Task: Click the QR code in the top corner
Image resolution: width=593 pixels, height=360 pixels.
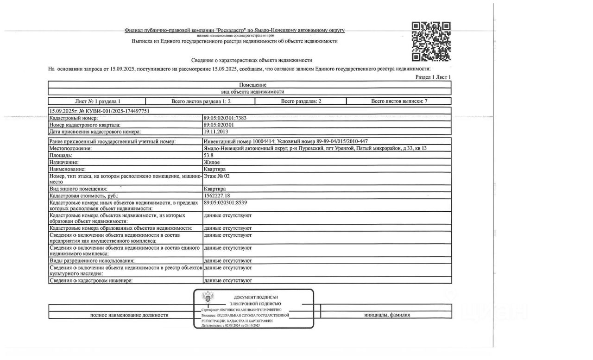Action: coord(431,42)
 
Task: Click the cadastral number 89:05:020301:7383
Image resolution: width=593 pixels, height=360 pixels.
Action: coord(225,118)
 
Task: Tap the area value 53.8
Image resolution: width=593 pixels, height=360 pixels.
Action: coord(208,156)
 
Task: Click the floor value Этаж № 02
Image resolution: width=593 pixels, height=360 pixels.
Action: coord(216,176)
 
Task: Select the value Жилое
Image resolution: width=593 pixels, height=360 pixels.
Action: coord(212,163)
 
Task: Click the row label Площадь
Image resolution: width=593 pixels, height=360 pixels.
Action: coord(61,156)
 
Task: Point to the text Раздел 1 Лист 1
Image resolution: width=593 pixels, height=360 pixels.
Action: coord(433,77)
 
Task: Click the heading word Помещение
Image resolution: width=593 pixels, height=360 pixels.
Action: coord(252,85)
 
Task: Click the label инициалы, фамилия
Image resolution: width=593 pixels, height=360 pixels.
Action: coord(387,315)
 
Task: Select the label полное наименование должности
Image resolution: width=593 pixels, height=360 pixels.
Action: coord(129,315)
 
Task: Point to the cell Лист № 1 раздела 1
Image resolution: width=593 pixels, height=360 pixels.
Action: coord(97,101)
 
